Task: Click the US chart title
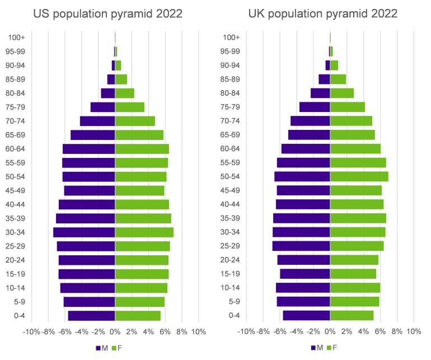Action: coord(107,13)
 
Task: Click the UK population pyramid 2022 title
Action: coord(323,13)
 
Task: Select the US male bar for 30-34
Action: coord(84,232)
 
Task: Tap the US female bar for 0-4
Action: coord(138,316)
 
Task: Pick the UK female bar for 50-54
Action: coord(359,177)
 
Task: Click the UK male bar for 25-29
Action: coord(301,246)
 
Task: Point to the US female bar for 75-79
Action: coord(130,107)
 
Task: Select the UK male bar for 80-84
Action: coord(320,93)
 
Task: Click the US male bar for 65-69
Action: coord(93,135)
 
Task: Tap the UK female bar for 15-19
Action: coord(353,274)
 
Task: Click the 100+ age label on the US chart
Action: coord(16,38)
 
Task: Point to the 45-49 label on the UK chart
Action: coord(231,191)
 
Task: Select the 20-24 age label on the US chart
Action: coord(16,260)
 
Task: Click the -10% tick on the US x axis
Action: coord(31,331)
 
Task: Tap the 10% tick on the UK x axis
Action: coord(414,331)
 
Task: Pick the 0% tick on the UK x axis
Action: coord(330,331)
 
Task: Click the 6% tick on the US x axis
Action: coord(165,331)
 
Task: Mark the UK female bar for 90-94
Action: coord(334,66)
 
